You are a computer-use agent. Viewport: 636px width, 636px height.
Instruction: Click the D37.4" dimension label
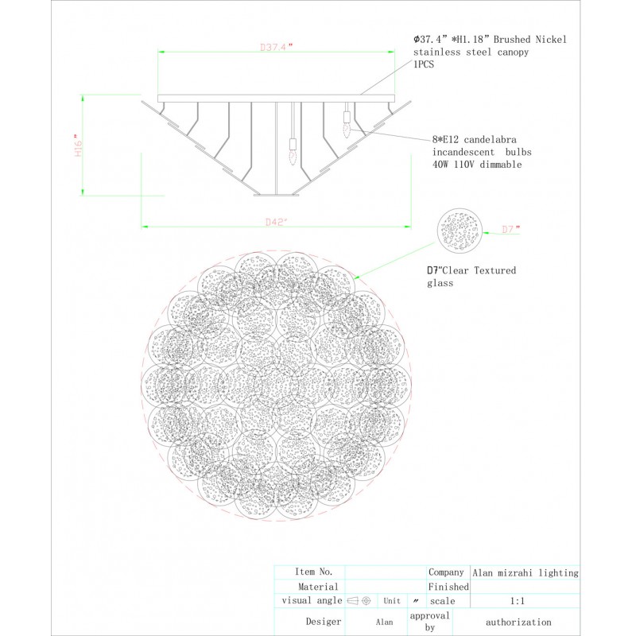coord(276,47)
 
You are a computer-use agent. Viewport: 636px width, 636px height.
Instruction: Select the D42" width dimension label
coord(276,223)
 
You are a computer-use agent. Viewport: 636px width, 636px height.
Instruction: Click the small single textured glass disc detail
coord(459,231)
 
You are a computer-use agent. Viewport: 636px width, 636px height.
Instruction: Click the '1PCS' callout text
coord(424,65)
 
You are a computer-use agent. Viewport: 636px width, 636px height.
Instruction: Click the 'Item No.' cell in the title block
coord(313,572)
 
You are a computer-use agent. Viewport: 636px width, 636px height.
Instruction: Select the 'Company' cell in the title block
coord(446,572)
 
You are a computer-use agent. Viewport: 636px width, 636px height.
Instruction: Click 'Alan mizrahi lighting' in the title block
coord(525,572)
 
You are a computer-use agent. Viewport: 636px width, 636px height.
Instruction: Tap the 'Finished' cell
coord(448,587)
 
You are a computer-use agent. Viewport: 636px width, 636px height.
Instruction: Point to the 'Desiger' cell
coord(323,622)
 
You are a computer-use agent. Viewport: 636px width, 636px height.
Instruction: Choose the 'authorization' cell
coord(518,622)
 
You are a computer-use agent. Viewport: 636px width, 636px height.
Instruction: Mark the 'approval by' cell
coord(429,621)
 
